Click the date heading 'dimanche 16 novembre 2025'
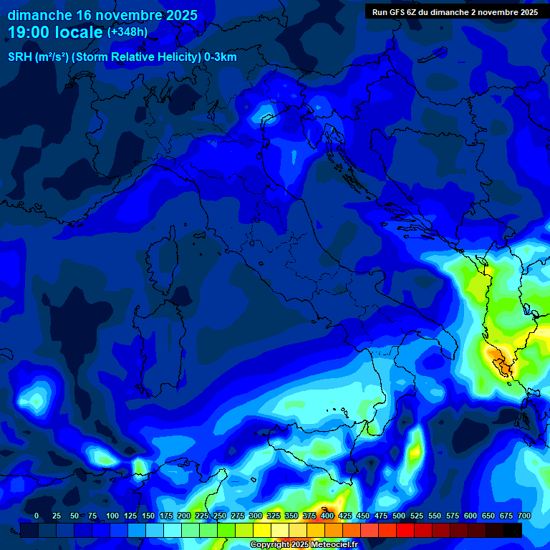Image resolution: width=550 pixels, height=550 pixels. (x=102, y=15)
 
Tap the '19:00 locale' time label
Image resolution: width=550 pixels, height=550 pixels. (x=56, y=32)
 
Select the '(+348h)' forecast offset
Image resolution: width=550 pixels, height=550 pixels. (x=127, y=32)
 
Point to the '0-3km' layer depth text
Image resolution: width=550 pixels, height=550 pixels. (x=221, y=57)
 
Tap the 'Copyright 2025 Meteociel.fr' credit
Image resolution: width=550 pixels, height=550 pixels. (x=304, y=545)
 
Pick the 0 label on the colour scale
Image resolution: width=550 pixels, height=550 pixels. (x=37, y=516)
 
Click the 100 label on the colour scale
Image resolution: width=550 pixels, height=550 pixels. (x=112, y=516)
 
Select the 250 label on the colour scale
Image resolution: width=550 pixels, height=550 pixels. (x=219, y=516)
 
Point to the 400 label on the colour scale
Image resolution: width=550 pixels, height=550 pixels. (x=327, y=516)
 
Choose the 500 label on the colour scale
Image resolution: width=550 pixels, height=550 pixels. (x=398, y=516)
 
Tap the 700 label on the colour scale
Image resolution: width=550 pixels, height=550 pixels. (x=524, y=516)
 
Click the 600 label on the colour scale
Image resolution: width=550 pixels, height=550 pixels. (x=470, y=516)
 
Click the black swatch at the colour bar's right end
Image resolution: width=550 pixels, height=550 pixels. (x=513, y=530)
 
